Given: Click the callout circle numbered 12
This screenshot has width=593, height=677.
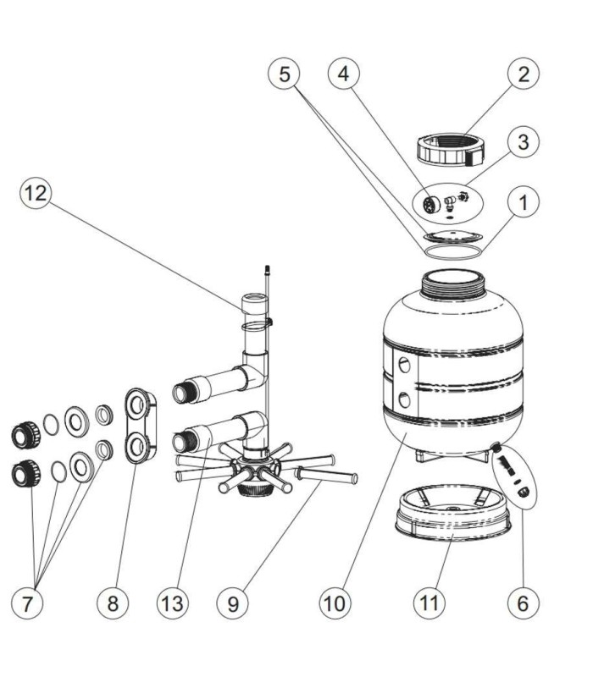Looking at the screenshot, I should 36,194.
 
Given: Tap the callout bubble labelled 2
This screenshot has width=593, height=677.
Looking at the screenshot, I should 523,74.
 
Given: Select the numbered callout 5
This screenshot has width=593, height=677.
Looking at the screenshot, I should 285,74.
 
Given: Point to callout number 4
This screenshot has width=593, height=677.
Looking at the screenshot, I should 342,74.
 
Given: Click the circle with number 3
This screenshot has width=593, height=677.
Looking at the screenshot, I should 523,142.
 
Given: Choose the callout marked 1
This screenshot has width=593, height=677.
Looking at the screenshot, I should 523,202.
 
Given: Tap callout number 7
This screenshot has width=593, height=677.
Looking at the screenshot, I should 29,603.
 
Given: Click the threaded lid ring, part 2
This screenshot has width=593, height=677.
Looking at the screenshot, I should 451,150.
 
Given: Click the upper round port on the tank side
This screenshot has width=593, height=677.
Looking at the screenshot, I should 406,365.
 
